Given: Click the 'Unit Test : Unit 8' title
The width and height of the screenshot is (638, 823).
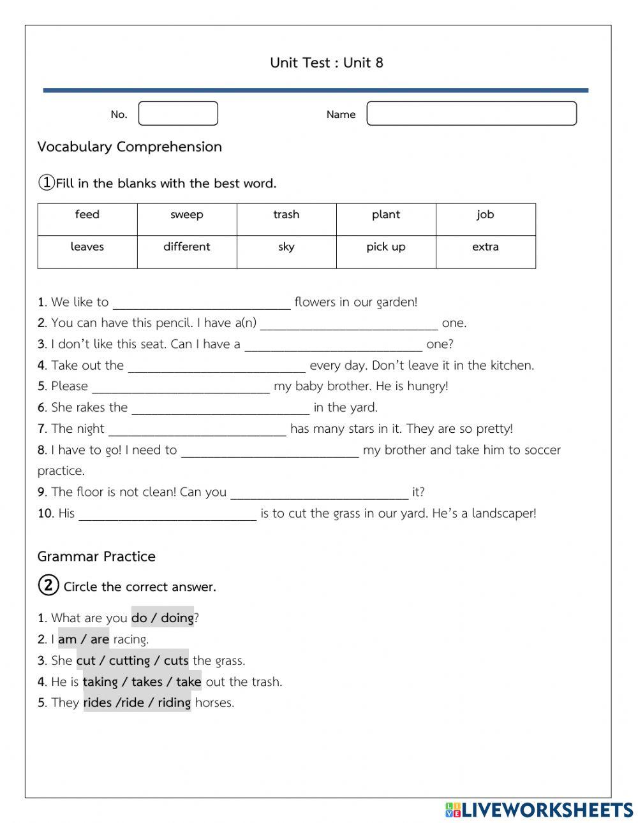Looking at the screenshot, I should pyautogui.click(x=326, y=62).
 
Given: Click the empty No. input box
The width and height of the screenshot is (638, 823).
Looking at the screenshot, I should pyautogui.click(x=178, y=113).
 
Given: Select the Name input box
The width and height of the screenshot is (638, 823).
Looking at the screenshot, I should pyautogui.click(x=471, y=113).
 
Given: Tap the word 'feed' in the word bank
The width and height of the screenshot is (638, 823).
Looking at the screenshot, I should pyautogui.click(x=87, y=215).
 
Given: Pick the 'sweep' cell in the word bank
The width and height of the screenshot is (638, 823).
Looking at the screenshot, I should pyautogui.click(x=187, y=215).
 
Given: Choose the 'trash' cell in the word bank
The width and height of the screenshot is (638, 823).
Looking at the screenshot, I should pyautogui.click(x=286, y=215).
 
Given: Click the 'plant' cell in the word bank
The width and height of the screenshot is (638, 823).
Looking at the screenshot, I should pyautogui.click(x=386, y=215).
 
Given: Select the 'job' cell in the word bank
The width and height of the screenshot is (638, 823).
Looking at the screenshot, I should pyautogui.click(x=486, y=215).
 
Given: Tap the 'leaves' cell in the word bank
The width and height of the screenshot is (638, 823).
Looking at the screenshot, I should pyautogui.click(x=87, y=247).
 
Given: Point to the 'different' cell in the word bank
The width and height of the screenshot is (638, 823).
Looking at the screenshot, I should pyautogui.click(x=187, y=247).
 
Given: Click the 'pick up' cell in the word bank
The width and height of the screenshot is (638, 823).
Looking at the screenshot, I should pyautogui.click(x=386, y=247).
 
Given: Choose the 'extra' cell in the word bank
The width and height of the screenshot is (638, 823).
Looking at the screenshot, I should pyautogui.click(x=486, y=247).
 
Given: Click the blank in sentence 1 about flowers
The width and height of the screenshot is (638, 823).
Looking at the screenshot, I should pyautogui.click(x=202, y=302).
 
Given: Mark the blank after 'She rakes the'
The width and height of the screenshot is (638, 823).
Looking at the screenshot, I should pyautogui.click(x=221, y=407).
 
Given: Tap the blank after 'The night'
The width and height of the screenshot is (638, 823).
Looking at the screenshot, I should pyautogui.click(x=198, y=428).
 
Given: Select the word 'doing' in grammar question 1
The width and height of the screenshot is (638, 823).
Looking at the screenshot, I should pyautogui.click(x=177, y=618).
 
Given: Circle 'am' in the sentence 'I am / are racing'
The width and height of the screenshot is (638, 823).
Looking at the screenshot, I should pyautogui.click(x=67, y=639).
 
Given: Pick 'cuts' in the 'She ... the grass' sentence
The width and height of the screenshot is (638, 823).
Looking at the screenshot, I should pyautogui.click(x=176, y=660).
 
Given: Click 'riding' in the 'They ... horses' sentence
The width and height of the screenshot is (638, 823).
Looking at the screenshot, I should pyautogui.click(x=174, y=703).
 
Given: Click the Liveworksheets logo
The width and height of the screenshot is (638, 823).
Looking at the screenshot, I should pyautogui.click(x=539, y=810).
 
